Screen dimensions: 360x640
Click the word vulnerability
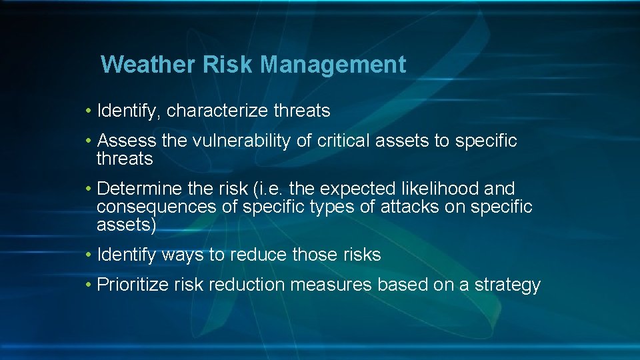pyautogui.click(x=237, y=141)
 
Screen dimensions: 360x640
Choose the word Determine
pyautogui.click(x=134, y=189)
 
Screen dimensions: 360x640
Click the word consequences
pyautogui.click(x=156, y=207)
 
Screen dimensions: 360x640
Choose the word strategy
pyautogui.click(x=507, y=285)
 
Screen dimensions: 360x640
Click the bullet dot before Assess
pyautogui.click(x=89, y=141)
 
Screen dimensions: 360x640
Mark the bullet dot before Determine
pyautogui.click(x=89, y=189)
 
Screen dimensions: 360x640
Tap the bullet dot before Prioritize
pyautogui.click(x=89, y=285)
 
